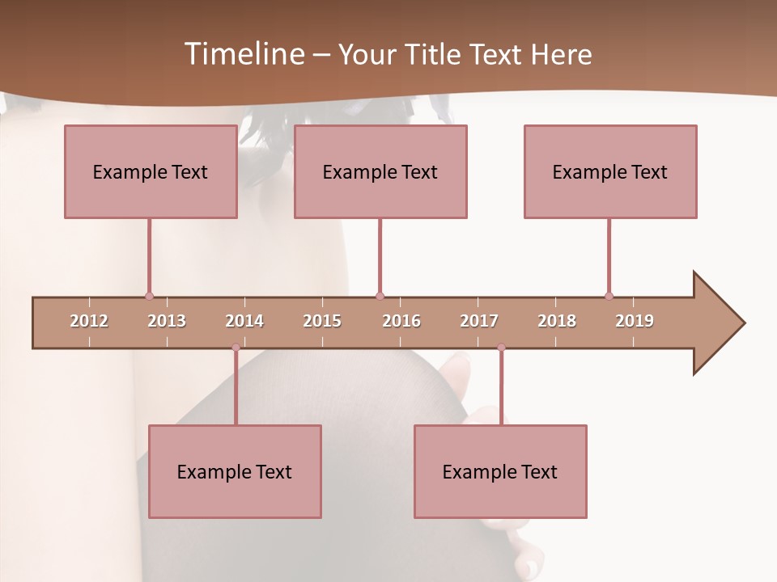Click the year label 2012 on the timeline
[89, 321]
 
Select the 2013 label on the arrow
[167, 321]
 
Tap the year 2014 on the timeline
[244, 321]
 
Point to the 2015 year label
[322, 321]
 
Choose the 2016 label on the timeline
[401, 321]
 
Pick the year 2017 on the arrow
[479, 321]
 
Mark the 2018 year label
[557, 321]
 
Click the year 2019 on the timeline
[635, 321]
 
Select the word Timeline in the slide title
[244, 54]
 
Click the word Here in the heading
[561, 54]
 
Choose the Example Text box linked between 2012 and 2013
[151, 171]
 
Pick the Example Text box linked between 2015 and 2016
[380, 171]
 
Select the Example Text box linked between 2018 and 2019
[610, 171]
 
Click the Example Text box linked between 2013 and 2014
[235, 471]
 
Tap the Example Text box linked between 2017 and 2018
[500, 471]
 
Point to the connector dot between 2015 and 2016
[380, 296]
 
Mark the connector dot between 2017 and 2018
[501, 348]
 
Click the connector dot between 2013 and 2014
[236, 348]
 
